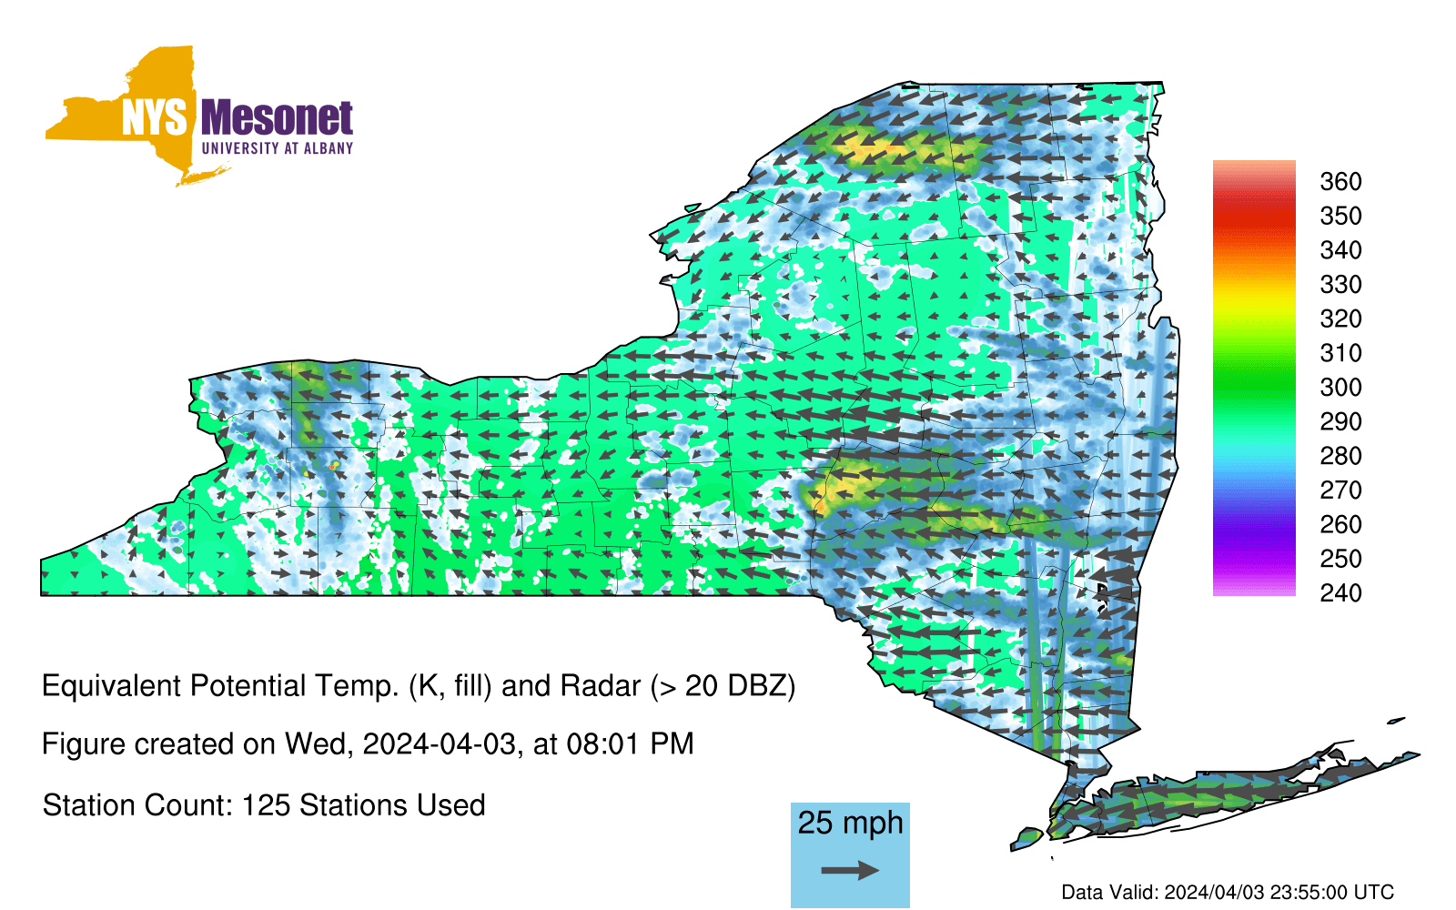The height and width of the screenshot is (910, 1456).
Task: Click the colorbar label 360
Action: (1340, 181)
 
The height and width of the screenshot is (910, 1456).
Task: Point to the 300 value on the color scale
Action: (1340, 388)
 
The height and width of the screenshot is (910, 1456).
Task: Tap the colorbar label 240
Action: (1340, 592)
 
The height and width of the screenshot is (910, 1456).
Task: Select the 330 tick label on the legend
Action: (1340, 285)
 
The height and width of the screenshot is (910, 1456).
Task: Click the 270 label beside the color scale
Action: (1340, 490)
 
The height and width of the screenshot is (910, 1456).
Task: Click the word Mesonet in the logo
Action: (277, 118)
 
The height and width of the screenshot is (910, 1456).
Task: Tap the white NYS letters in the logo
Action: (155, 118)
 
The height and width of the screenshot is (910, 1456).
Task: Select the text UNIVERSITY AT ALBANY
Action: (278, 148)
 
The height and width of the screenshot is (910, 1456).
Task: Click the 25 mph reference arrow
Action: (850, 870)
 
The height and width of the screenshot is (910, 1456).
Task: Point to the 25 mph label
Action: (850, 823)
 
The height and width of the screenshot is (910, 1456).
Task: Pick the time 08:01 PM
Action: (630, 743)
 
